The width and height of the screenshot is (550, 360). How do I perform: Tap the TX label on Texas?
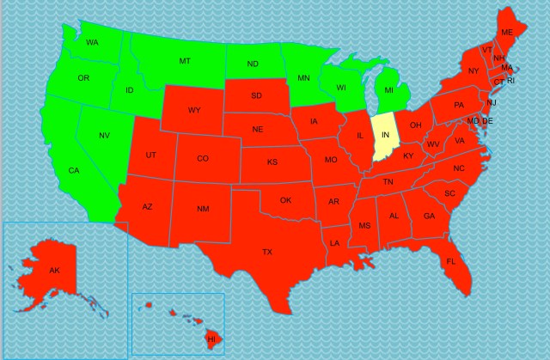(x=267, y=252)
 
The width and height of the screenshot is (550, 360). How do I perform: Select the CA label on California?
(x=74, y=170)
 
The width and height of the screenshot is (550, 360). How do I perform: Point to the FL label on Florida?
(x=450, y=261)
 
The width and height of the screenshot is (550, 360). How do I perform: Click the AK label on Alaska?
(x=54, y=271)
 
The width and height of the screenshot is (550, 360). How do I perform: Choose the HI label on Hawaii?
(x=211, y=339)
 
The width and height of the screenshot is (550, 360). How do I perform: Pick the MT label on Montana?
(x=185, y=61)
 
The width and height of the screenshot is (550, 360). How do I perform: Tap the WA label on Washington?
(x=92, y=42)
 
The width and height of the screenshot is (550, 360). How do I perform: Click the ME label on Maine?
(x=507, y=32)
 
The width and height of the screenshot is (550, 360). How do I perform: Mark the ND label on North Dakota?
(x=254, y=64)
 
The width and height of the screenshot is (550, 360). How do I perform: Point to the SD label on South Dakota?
(x=256, y=95)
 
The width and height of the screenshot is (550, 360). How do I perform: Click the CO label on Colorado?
(x=203, y=158)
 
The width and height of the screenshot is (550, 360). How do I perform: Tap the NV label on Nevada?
(x=104, y=136)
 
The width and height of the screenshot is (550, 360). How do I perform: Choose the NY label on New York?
(x=474, y=70)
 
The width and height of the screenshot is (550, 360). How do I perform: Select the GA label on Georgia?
(x=429, y=216)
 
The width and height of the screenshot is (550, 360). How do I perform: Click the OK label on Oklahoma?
(x=286, y=200)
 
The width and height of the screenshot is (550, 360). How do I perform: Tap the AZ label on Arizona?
(x=147, y=207)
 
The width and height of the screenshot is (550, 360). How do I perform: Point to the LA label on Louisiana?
(x=334, y=243)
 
